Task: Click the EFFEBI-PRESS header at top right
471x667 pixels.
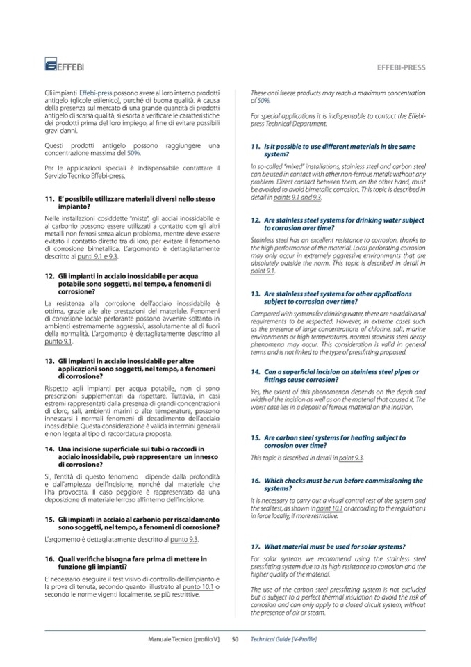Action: click(x=401, y=68)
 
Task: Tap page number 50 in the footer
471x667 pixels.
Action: click(x=235, y=638)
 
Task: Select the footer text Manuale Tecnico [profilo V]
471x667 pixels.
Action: click(x=185, y=638)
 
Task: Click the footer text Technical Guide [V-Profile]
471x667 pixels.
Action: click(x=283, y=638)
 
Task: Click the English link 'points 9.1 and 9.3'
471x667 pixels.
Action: click(x=298, y=198)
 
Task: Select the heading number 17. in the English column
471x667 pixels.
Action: click(x=256, y=546)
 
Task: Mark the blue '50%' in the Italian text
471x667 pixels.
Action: click(x=135, y=152)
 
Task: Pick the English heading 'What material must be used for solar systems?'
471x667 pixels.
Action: click(x=335, y=546)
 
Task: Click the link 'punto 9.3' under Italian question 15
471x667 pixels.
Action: click(x=185, y=540)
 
